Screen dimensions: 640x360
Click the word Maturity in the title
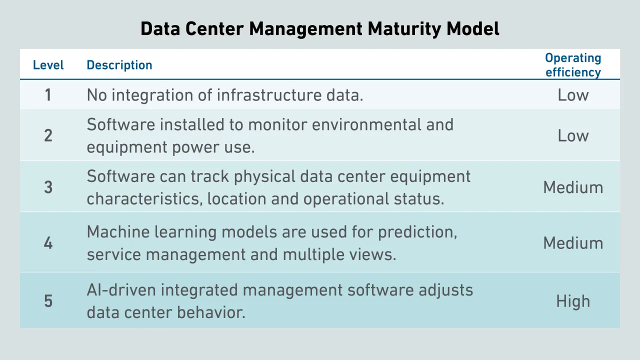tap(404, 29)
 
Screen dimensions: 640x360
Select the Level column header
tap(48, 65)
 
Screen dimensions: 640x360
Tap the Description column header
tap(119, 65)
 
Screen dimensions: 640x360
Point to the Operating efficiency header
tap(573, 65)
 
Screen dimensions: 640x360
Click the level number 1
tap(48, 95)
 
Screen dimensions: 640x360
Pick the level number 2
tap(48, 135)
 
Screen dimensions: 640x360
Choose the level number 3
tap(48, 187)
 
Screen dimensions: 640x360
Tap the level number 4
tap(48, 243)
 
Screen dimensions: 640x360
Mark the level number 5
tap(48, 301)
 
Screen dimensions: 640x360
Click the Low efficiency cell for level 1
tap(573, 95)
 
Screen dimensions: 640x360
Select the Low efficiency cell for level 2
tap(573, 135)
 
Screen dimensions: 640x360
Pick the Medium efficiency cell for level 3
tap(573, 187)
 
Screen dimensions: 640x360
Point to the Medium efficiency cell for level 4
tap(573, 243)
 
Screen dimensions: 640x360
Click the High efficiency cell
tap(573, 301)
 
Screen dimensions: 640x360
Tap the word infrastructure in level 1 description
tap(269, 95)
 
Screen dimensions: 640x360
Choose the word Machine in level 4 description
tap(118, 231)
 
